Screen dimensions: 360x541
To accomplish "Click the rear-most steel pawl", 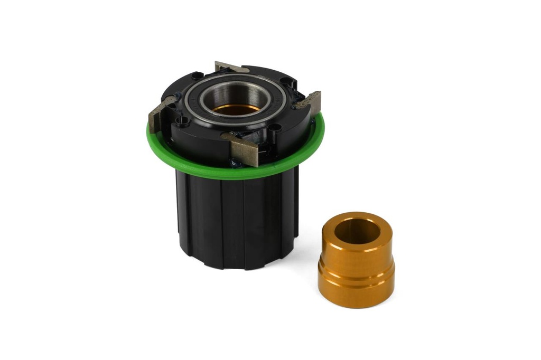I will tap(231, 68).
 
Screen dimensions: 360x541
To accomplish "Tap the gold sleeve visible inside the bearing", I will tap(236, 109).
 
